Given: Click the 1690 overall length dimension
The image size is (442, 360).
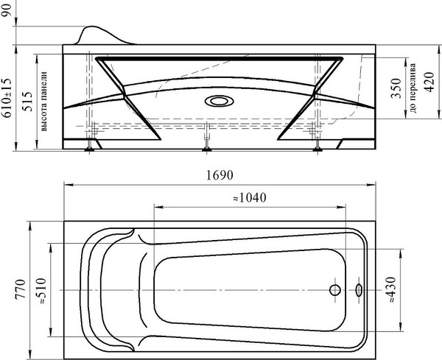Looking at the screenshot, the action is pyautogui.click(x=220, y=175).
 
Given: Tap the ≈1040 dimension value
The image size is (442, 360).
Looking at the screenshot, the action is pyautogui.click(x=250, y=198).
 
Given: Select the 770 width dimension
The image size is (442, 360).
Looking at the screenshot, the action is pyautogui.click(x=21, y=289).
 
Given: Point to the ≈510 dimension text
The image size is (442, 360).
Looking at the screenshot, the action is pyautogui.click(x=41, y=291).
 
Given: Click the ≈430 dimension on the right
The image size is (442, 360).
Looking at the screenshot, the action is pyautogui.click(x=392, y=289).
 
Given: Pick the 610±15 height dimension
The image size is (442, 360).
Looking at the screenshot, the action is pyautogui.click(x=7, y=98).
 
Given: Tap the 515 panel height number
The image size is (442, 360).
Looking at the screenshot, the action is pyautogui.click(x=28, y=102).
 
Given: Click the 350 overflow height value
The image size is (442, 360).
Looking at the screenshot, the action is pyautogui.click(x=396, y=88).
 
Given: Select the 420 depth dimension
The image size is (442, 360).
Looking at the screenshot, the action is pyautogui.click(x=429, y=82).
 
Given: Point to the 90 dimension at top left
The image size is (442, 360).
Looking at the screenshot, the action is pyautogui.click(x=7, y=10).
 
